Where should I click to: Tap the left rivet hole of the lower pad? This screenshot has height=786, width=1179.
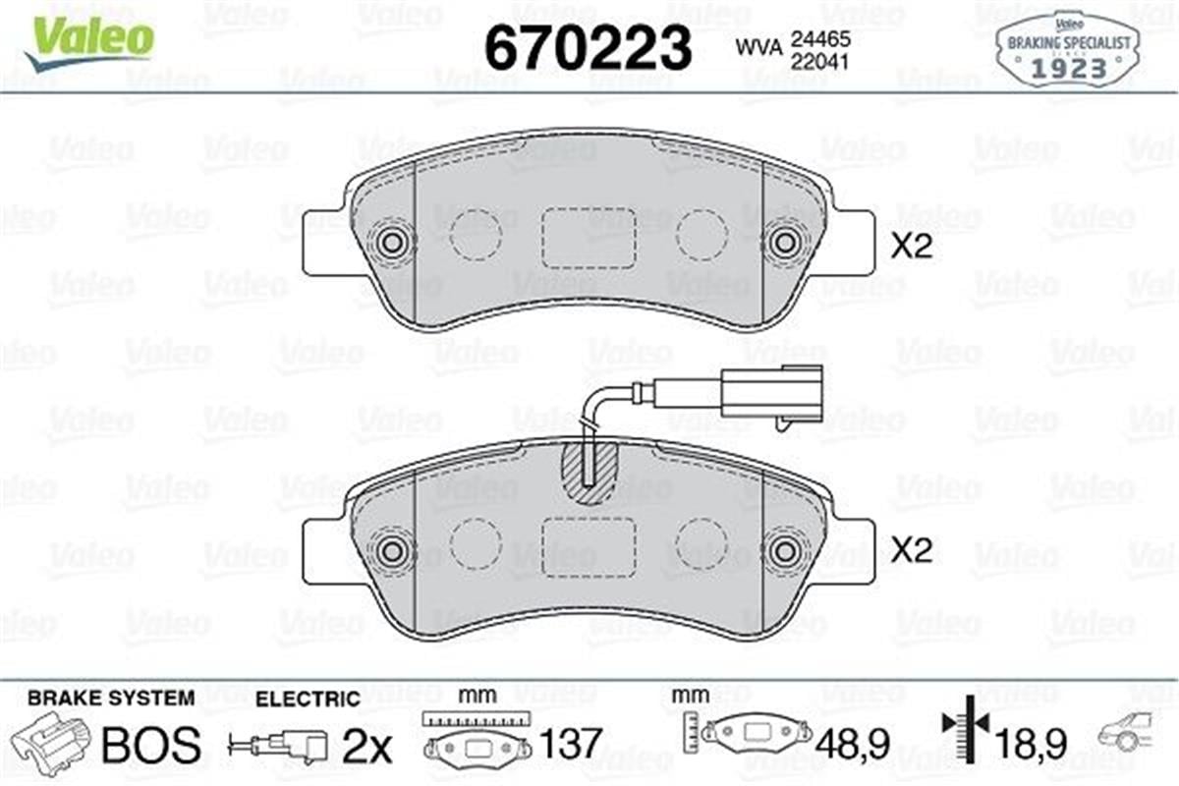pos(394,551)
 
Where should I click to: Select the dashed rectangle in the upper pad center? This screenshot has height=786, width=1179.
pos(589,237)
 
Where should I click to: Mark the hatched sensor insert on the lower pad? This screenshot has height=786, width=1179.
pos(588,471)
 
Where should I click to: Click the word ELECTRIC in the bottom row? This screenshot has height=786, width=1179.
pos(308,700)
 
